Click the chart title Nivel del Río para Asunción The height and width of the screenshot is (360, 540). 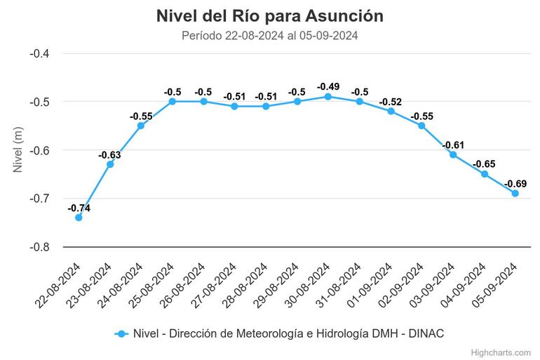[270, 15]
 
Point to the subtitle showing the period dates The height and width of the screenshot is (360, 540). [270, 36]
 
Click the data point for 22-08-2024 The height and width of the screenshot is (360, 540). [79, 218]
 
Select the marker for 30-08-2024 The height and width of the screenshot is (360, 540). [328, 97]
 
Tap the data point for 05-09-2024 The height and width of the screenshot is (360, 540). [515, 193]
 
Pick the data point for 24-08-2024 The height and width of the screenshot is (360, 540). [141, 126]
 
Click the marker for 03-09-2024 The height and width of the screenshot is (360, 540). [453, 154]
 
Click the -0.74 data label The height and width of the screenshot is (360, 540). [79, 208]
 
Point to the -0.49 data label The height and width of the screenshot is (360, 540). [328, 87]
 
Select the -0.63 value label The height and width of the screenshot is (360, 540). [109, 154]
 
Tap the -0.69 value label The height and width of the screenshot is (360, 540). [515, 183]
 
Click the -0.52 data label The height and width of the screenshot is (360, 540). [391, 102]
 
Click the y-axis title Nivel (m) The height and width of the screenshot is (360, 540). [19, 150]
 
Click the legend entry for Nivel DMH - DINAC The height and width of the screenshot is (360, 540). [281, 334]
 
